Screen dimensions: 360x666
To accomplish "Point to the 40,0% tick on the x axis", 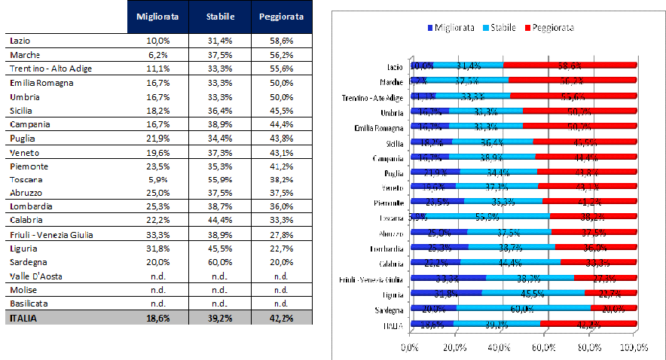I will (499, 347).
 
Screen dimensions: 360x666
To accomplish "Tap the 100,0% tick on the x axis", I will (634, 347).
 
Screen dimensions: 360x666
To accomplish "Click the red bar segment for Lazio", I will (569, 66).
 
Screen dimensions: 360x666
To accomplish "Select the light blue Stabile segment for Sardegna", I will (522, 309).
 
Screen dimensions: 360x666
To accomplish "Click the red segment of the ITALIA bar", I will (588, 325).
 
